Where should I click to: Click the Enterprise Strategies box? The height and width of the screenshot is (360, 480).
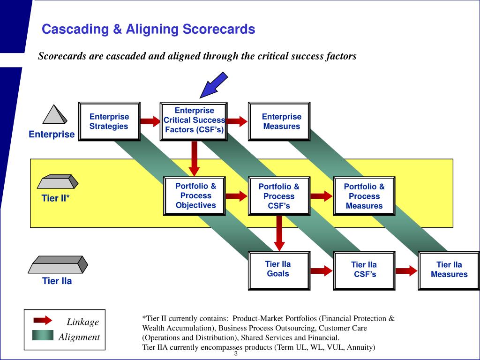click(109, 121)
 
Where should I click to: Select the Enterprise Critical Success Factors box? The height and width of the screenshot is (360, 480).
click(194, 121)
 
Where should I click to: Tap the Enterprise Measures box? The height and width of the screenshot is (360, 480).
click(279, 121)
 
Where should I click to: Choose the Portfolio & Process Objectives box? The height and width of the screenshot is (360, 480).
click(195, 196)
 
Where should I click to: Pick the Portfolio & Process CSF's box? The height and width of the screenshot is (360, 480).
click(279, 196)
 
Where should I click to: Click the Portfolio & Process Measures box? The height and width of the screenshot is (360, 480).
click(364, 196)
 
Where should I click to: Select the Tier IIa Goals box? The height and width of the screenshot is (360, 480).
click(279, 270)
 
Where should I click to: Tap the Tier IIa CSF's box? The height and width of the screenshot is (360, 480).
click(364, 270)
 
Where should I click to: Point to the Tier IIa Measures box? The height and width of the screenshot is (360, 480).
click(449, 270)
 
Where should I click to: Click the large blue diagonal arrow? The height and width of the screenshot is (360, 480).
click(214, 85)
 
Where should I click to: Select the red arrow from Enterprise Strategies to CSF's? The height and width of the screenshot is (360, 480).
click(150, 121)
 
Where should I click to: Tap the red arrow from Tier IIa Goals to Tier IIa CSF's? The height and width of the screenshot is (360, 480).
click(322, 270)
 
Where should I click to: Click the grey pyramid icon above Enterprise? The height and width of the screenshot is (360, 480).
click(54, 114)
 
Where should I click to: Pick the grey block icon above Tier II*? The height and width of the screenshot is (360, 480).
click(58, 181)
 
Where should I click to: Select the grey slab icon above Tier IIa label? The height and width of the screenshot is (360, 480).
click(58, 264)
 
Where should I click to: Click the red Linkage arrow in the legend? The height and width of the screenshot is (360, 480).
click(43, 320)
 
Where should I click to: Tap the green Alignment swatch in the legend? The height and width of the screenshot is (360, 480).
click(43, 335)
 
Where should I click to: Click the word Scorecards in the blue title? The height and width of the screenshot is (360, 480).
click(219, 29)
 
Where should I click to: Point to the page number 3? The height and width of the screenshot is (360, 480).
click(236, 353)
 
